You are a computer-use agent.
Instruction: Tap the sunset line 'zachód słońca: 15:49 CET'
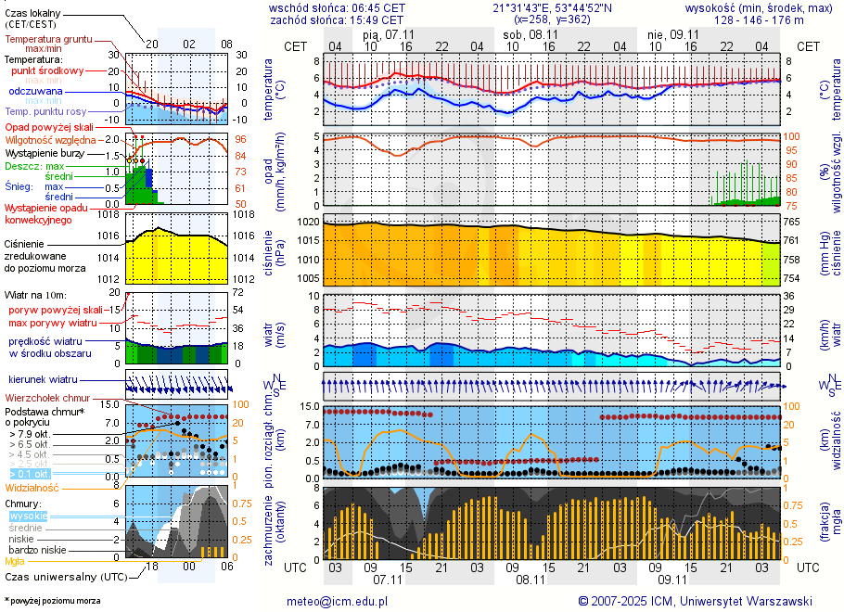coord(336,19)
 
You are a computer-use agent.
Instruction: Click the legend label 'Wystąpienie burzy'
coord(45,152)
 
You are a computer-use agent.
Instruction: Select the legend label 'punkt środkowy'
coord(48,70)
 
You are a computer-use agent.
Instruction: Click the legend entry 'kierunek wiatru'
coord(44,380)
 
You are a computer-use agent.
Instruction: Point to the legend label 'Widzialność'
coord(32,487)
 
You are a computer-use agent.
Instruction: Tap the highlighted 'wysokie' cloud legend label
coord(28,516)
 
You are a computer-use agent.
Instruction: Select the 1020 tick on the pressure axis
coord(308,223)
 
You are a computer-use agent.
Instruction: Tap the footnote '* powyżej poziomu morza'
coord(52,601)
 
